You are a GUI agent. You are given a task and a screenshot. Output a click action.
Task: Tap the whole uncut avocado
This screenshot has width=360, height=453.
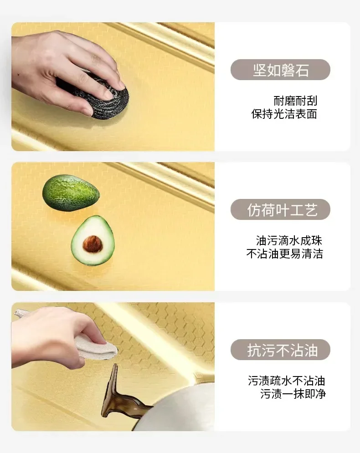pyautogui.click(x=71, y=193)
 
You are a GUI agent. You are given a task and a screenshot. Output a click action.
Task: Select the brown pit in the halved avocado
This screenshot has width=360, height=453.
pyautogui.click(x=93, y=244)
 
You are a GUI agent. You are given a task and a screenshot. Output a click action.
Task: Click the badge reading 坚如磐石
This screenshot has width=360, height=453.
pyautogui.click(x=280, y=70)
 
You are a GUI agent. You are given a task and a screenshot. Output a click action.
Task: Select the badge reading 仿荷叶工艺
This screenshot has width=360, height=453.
pyautogui.click(x=280, y=210)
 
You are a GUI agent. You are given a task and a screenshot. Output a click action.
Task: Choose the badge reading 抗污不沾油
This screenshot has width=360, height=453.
pyautogui.click(x=280, y=350)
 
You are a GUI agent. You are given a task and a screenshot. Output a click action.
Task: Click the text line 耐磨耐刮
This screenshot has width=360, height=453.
pyautogui.click(x=295, y=101)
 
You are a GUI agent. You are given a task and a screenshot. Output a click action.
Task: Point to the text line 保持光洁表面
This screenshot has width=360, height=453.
pyautogui.click(x=284, y=114)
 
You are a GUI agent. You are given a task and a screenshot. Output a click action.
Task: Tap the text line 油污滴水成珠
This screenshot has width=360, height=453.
pyautogui.click(x=289, y=240)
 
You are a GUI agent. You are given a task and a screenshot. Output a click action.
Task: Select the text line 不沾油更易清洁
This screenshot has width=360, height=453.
pyautogui.click(x=284, y=254)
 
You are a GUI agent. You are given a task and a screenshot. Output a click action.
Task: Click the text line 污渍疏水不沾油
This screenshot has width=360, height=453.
pyautogui.click(x=286, y=381)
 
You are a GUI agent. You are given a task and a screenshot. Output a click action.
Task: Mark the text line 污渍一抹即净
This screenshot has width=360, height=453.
pyautogui.click(x=293, y=394)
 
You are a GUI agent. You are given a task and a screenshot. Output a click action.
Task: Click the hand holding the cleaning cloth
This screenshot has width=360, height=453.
pyautogui.click(x=50, y=335)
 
